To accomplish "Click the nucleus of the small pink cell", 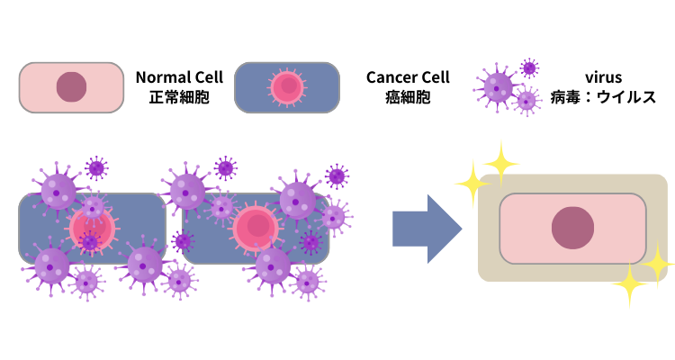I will coord(71,87).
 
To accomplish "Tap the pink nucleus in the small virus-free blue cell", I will coord(287,87).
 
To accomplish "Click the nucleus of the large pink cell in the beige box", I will coord(572,228).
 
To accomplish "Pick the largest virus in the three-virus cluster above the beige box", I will coord(498,87).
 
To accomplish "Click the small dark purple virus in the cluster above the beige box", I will coord(529,68).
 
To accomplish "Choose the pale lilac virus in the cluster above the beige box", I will coord(526,101).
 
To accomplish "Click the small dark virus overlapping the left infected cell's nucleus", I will coord(89,241).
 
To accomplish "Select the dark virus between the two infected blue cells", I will coord(182,240).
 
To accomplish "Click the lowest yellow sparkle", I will coord(629,285).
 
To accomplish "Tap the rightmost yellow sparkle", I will coord(658,264).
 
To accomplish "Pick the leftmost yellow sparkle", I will coord(471,184).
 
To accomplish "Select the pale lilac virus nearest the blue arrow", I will coord(334,217).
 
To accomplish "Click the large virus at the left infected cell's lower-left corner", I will coord(51,265).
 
